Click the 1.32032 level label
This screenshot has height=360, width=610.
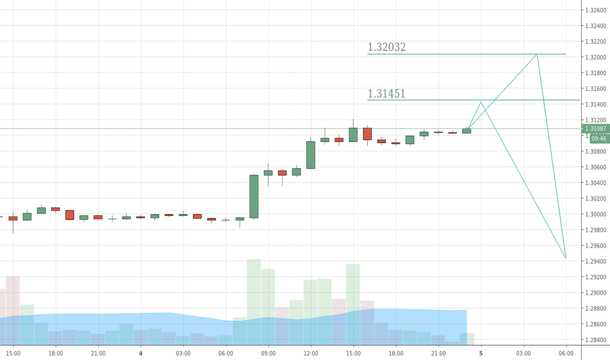pyautogui.click(x=387, y=47)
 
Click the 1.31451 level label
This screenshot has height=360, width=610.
pyautogui.click(x=386, y=94)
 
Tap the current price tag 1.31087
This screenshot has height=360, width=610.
pyautogui.click(x=599, y=129)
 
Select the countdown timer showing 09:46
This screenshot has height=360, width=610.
pyautogui.click(x=599, y=139)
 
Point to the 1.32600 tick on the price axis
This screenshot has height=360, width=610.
pyautogui.click(x=596, y=10)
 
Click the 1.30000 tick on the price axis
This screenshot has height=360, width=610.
pyautogui.click(x=596, y=214)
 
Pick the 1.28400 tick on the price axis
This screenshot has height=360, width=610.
pyautogui.click(x=596, y=340)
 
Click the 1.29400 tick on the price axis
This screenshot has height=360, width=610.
pyautogui.click(x=596, y=261)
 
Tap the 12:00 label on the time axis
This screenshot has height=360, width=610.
pyautogui.click(x=310, y=353)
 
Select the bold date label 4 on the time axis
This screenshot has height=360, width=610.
pyautogui.click(x=141, y=353)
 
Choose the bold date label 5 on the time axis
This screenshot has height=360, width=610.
pyautogui.click(x=481, y=353)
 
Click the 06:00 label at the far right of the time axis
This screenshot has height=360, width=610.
pyautogui.click(x=566, y=353)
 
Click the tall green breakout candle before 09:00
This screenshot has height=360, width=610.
pyautogui.click(x=254, y=196)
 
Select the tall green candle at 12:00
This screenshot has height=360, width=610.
pyautogui.click(x=311, y=155)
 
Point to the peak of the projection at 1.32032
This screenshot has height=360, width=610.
pyautogui.click(x=537, y=55)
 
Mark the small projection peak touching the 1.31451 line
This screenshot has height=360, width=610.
pyautogui.click(x=481, y=101)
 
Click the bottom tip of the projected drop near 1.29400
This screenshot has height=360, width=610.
pyautogui.click(x=565, y=258)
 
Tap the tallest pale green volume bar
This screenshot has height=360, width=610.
pyautogui.click(x=254, y=301)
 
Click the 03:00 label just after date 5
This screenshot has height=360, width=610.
pyautogui.click(x=524, y=353)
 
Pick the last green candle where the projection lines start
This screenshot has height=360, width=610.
pyautogui.click(x=467, y=131)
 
